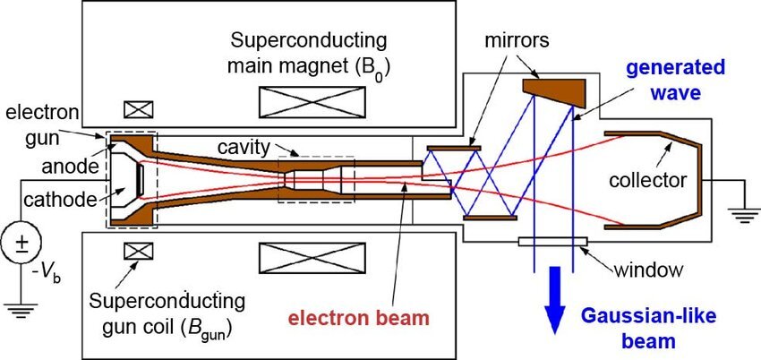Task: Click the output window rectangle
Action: tap(552, 241)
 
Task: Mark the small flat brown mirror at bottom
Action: tap(490, 218)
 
